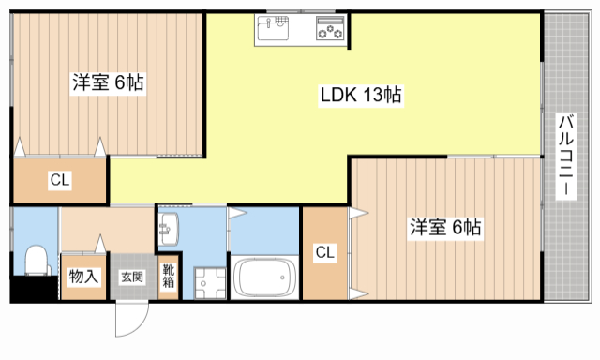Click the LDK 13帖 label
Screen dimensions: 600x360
[x=361, y=95]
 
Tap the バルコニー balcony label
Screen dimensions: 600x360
[x=566, y=156]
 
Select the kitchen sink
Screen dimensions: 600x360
[x=273, y=28]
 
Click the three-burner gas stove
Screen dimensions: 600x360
[x=330, y=28]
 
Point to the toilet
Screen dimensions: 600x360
[x=37, y=261]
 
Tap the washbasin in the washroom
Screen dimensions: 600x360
[x=169, y=229]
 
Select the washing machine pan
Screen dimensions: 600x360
[x=210, y=283]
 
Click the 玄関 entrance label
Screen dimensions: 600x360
[x=132, y=277]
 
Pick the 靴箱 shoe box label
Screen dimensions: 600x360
[x=169, y=277]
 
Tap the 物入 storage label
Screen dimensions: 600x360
[x=83, y=277]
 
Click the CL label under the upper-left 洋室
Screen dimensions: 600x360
[x=60, y=179]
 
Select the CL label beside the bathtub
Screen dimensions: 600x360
[x=325, y=252]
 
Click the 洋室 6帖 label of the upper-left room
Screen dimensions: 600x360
[x=109, y=82]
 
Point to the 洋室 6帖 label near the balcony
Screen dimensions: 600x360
[x=445, y=227]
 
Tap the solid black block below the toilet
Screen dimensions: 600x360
[x=34, y=289]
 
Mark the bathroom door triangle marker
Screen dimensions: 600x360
[x=238, y=213]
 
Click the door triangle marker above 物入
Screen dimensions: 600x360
[x=100, y=244]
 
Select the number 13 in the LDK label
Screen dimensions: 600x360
[x=373, y=95]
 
